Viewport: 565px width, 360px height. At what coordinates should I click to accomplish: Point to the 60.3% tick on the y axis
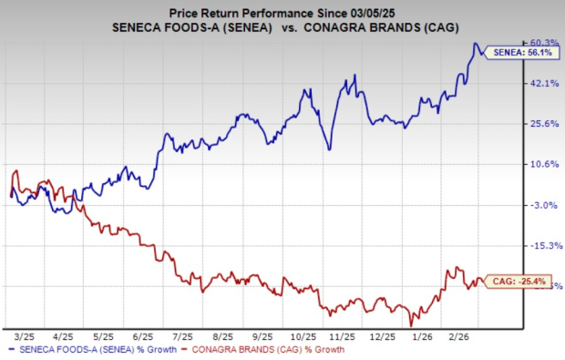(x=543, y=42)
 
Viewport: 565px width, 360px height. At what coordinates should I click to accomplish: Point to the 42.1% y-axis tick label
(x=543, y=83)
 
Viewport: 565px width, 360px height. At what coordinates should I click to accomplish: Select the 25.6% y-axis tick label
(x=543, y=124)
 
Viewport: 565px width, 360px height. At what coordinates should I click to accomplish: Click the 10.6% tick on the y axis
(x=543, y=164)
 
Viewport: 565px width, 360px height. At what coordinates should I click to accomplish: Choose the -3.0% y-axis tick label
(x=543, y=205)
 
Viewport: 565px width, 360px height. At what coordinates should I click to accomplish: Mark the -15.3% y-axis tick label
(x=543, y=246)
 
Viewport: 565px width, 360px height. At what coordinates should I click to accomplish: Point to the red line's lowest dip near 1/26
(x=412, y=324)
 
